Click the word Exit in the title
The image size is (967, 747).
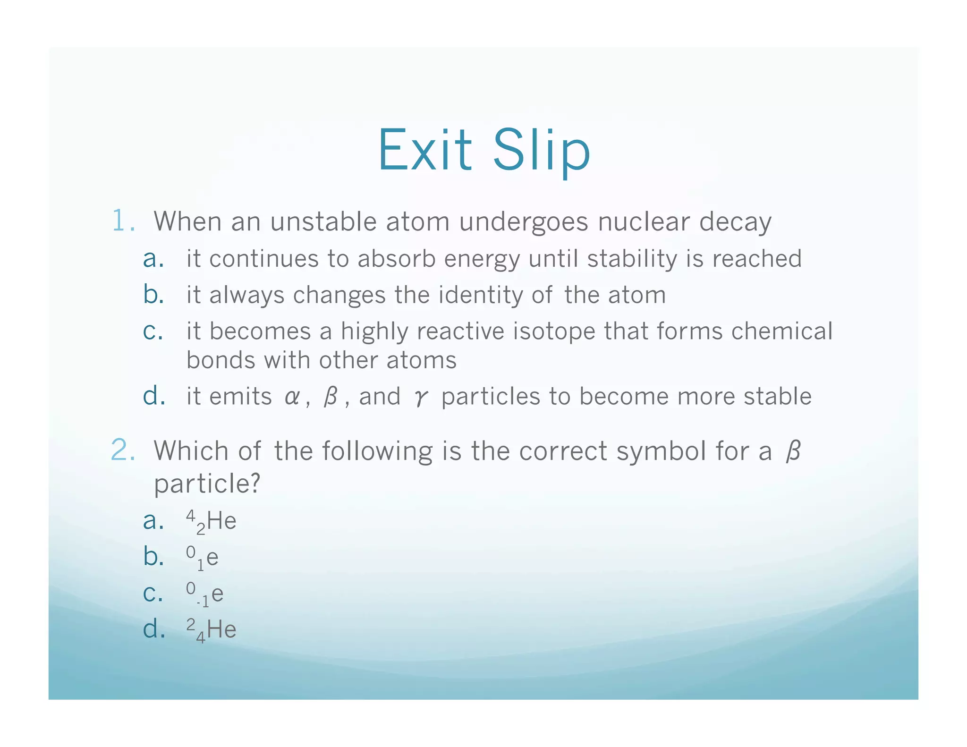point(424,151)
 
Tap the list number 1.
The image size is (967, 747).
point(122,221)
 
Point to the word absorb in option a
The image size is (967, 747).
point(396,259)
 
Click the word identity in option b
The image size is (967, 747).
point(481,296)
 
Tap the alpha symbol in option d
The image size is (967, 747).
point(292,397)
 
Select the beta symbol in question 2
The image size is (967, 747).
point(793,451)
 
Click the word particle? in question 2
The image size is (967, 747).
point(207,484)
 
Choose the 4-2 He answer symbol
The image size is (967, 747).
point(211,522)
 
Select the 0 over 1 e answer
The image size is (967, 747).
point(202,558)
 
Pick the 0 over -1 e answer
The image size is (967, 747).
point(204,594)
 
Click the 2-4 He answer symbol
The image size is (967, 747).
point(211,630)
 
